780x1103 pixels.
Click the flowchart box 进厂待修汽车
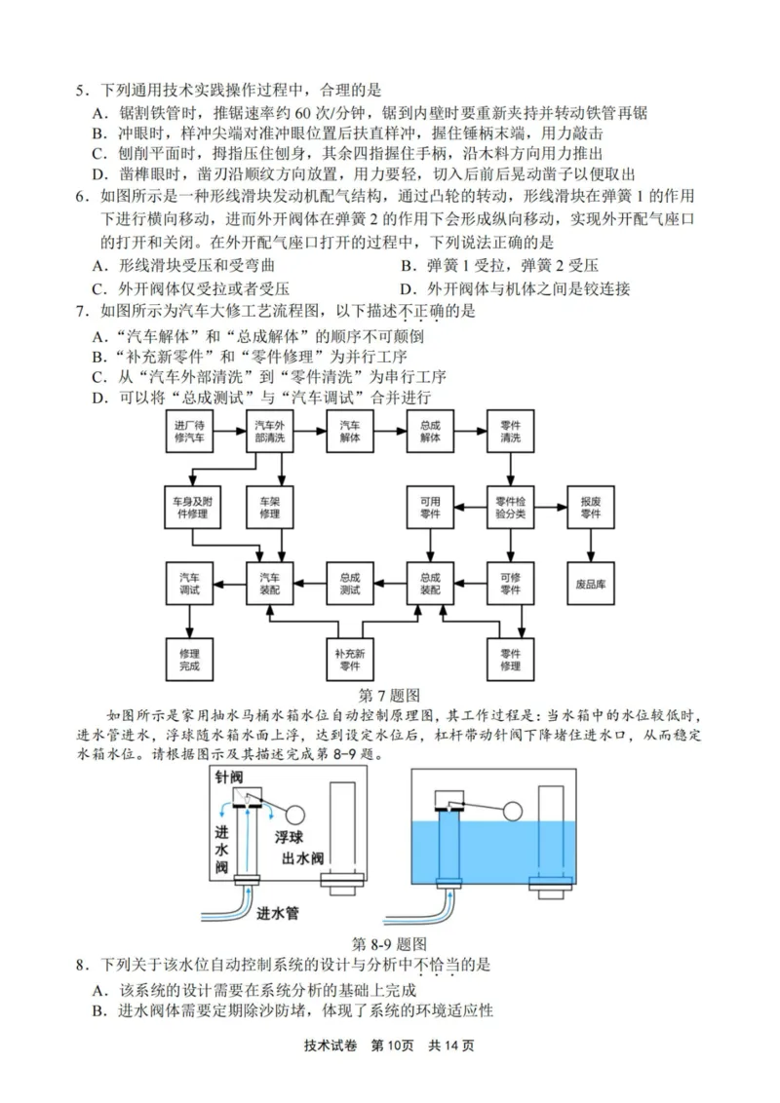[x=190, y=433]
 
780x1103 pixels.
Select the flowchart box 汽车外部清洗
[x=270, y=433]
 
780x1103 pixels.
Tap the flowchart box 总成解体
[x=430, y=433]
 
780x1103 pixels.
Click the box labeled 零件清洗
[x=511, y=433]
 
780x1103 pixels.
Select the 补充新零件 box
[x=349, y=659]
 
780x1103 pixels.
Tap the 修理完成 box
[x=190, y=659]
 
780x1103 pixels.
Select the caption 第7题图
[x=389, y=696]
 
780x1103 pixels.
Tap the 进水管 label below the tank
[x=278, y=914]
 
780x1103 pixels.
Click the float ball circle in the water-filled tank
[x=513, y=810]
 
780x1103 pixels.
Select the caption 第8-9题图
[x=389, y=943]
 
